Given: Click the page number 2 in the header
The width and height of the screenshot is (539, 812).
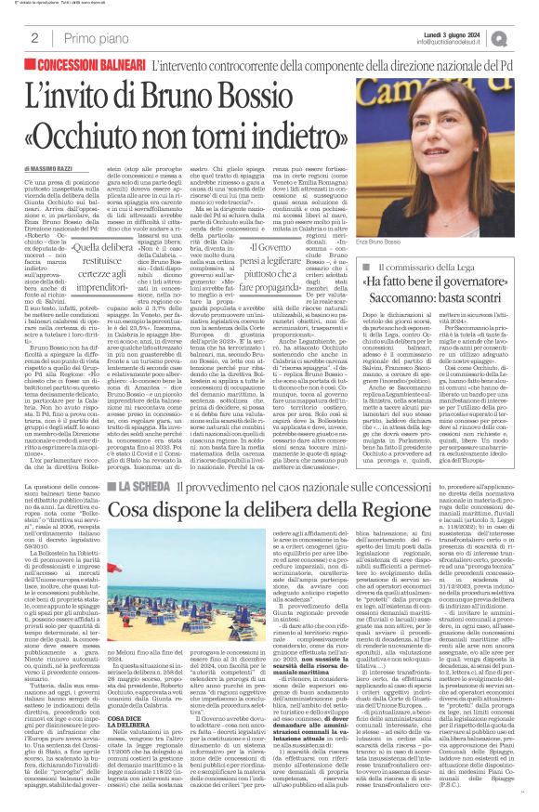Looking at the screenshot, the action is click(x=33, y=38).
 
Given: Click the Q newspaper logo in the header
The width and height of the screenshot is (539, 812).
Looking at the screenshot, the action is click(x=525, y=38).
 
